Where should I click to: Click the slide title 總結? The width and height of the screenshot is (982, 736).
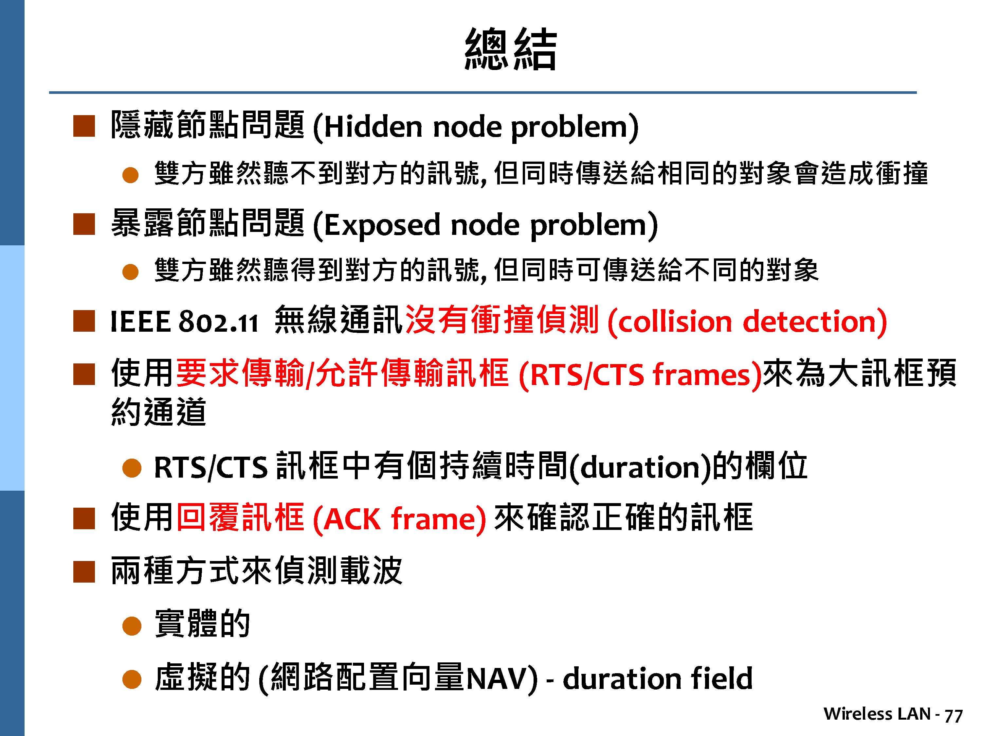511,48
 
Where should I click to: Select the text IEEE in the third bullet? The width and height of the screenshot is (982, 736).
140,321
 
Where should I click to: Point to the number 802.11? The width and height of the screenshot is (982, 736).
218,322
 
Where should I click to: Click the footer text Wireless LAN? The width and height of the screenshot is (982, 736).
877,714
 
